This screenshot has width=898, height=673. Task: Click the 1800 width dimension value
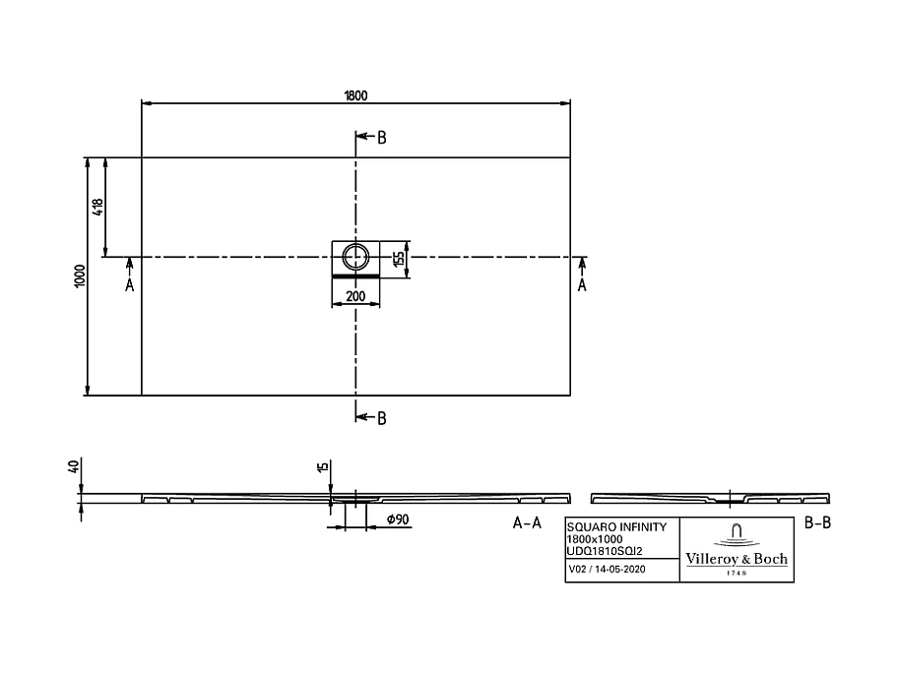point(355,94)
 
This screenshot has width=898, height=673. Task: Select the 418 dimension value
point(96,208)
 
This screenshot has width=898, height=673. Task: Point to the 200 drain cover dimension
point(355,295)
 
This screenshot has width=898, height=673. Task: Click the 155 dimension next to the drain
point(397,260)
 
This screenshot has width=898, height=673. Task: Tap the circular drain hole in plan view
point(354,258)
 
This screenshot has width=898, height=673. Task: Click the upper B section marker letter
point(381,138)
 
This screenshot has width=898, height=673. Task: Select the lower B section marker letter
point(381,418)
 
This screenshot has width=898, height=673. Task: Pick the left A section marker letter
point(129,285)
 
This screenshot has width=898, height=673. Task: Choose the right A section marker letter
point(581,285)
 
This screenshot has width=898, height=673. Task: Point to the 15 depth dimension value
point(322,466)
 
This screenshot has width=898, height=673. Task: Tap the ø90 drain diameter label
point(397,520)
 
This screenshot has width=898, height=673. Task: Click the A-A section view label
point(528,523)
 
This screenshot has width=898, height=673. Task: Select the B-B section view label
point(818,523)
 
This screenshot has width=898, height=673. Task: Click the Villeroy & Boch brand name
point(737,559)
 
